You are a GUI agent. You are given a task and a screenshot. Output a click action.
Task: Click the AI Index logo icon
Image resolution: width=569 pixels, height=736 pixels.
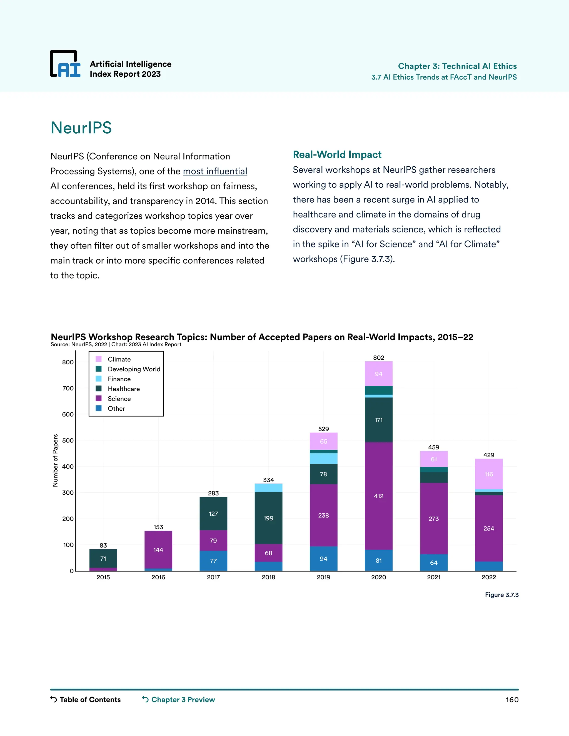[x=65, y=64]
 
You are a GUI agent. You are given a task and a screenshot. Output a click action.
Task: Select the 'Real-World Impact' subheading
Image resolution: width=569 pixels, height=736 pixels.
[x=337, y=155]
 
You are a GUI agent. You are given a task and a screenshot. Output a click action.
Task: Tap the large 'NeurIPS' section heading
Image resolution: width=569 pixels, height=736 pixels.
[x=81, y=128]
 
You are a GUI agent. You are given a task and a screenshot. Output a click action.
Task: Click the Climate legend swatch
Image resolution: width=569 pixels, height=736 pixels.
[x=98, y=359]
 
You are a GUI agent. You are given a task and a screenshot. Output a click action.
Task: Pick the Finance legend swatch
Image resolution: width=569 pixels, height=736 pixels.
[x=98, y=379]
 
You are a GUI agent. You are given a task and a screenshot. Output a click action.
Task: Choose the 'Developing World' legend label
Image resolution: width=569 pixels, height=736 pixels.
[x=134, y=369]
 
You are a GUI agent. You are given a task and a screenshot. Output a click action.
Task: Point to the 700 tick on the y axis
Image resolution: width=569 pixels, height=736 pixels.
[x=68, y=388]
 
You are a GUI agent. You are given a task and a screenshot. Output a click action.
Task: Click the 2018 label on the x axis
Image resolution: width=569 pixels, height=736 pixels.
[x=268, y=577]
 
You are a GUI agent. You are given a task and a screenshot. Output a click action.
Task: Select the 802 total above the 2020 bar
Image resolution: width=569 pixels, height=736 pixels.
[x=379, y=357]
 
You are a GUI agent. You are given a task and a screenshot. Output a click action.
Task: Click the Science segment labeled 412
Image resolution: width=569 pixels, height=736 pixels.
[x=379, y=496]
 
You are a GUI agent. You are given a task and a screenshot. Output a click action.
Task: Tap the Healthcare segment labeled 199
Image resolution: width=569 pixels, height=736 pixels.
[x=268, y=518]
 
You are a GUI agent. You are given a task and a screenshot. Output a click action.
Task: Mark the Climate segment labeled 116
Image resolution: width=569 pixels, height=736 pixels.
[x=488, y=474]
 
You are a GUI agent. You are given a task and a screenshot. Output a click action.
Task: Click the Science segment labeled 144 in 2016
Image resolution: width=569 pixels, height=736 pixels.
[x=158, y=550]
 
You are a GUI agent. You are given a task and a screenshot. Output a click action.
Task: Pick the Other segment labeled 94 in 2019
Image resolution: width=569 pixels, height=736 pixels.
[x=323, y=559]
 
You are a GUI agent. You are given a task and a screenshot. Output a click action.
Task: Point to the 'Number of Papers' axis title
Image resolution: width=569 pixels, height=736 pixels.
[x=55, y=460]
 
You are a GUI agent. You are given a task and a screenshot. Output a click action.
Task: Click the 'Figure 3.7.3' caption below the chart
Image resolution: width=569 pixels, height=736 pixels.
[x=501, y=595]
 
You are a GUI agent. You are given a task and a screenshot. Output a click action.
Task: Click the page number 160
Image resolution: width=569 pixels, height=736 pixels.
[x=512, y=700]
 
